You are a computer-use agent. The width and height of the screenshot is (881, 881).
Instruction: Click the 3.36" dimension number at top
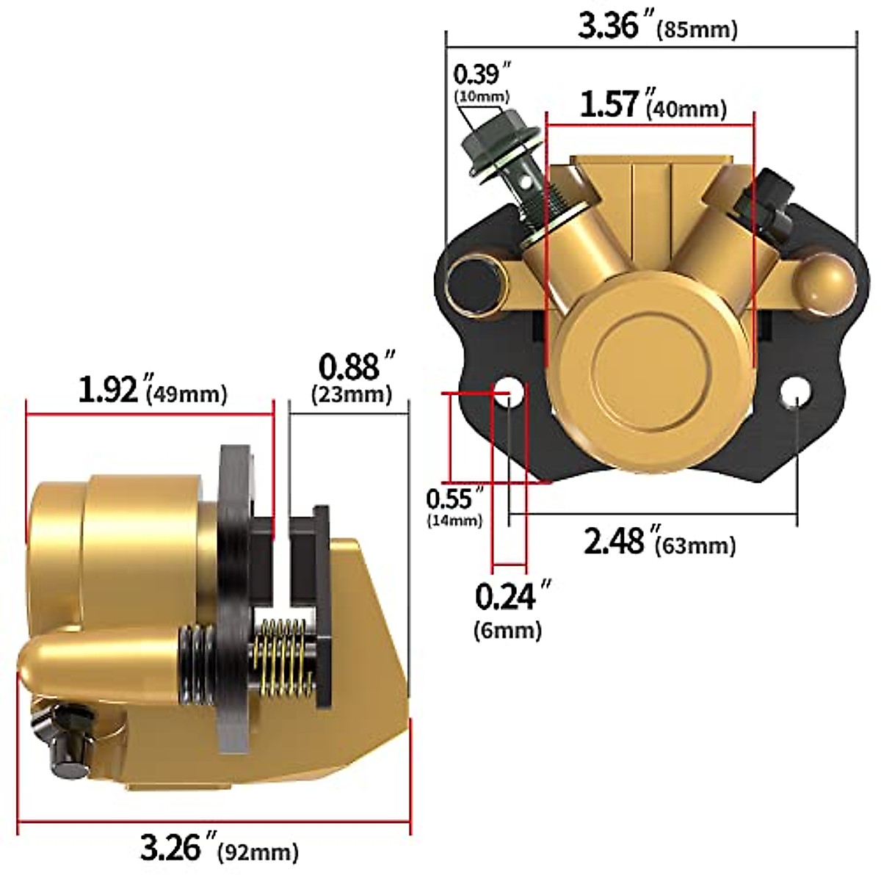pos(609,27)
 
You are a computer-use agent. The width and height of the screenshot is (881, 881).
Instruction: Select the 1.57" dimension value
pos(609,104)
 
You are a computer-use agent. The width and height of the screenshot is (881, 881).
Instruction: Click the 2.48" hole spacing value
pos(614,541)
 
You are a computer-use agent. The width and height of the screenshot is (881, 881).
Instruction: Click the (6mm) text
pos(508,630)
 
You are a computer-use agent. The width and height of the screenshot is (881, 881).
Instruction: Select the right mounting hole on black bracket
pos(796,394)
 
